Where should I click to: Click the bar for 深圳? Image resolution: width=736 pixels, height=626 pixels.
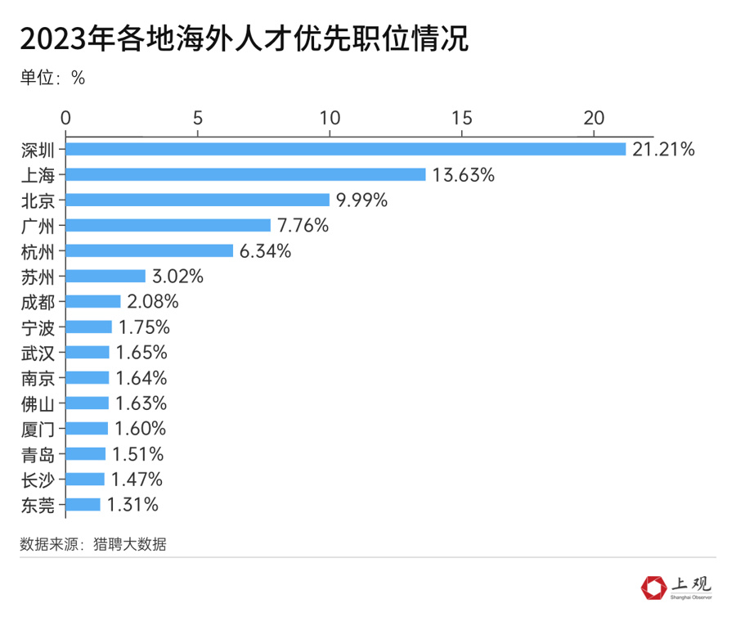pyautogui.click(x=345, y=149)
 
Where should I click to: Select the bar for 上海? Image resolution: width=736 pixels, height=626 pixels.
pyautogui.click(x=245, y=174)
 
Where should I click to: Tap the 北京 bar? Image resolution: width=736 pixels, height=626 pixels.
pyautogui.click(x=197, y=200)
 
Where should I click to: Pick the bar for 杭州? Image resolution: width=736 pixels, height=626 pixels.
pyautogui.click(x=150, y=250)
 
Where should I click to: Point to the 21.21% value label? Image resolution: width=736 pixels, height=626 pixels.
pyautogui.click(x=663, y=149)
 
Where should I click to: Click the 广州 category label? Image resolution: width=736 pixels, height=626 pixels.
pyautogui.click(x=38, y=225)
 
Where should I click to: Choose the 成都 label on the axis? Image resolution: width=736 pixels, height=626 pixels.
pyautogui.click(x=38, y=302)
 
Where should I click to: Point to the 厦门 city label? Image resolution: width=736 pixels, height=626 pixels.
pyautogui.click(x=38, y=429)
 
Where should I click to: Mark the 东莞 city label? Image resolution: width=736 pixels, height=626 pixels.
pyautogui.click(x=38, y=505)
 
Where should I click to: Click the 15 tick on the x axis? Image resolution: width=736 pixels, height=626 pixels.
pyautogui.click(x=462, y=116)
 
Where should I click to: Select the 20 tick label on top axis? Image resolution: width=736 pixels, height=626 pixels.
pyautogui.click(x=594, y=116)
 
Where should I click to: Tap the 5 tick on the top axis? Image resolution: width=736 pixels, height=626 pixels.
pyautogui.click(x=198, y=116)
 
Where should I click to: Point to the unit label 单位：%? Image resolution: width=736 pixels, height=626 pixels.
pyautogui.click(x=53, y=78)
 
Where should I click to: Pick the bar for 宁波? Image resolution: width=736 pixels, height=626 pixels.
pyautogui.click(x=89, y=327)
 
